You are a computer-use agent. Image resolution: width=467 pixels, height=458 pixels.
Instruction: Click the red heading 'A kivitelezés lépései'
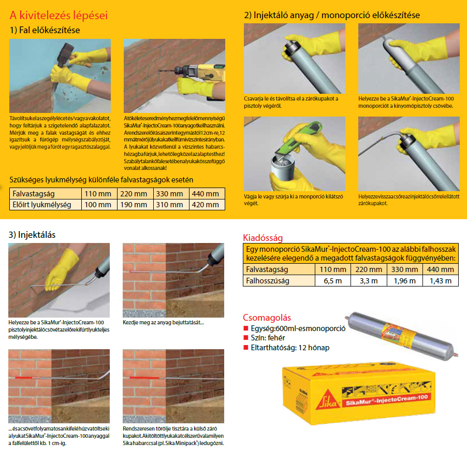pos(59,15)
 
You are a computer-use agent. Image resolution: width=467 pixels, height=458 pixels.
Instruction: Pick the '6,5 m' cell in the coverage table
pos(333,281)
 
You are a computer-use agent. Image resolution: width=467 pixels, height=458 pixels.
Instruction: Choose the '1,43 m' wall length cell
pos(441,281)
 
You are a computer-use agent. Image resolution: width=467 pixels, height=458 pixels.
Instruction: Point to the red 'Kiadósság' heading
pos(262,237)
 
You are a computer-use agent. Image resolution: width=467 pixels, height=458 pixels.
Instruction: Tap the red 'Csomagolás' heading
pos(267,318)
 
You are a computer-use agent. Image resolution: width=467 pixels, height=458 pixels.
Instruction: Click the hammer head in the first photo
pos(66,54)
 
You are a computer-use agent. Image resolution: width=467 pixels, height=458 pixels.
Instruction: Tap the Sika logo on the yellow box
pos(328,399)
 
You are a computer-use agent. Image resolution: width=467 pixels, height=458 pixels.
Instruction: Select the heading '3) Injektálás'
pos(32,235)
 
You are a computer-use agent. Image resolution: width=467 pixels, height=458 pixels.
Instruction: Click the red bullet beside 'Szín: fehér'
pos(246,338)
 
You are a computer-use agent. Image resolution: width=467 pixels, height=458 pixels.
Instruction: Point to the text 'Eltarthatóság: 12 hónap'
pos(290,348)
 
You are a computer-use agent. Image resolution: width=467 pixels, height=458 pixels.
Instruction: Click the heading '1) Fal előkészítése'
pos(45,30)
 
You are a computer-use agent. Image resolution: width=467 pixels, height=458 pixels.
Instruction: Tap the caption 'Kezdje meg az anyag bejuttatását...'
pos(163,322)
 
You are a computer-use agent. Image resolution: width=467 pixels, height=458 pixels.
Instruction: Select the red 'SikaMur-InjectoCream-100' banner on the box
pos(387,400)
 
